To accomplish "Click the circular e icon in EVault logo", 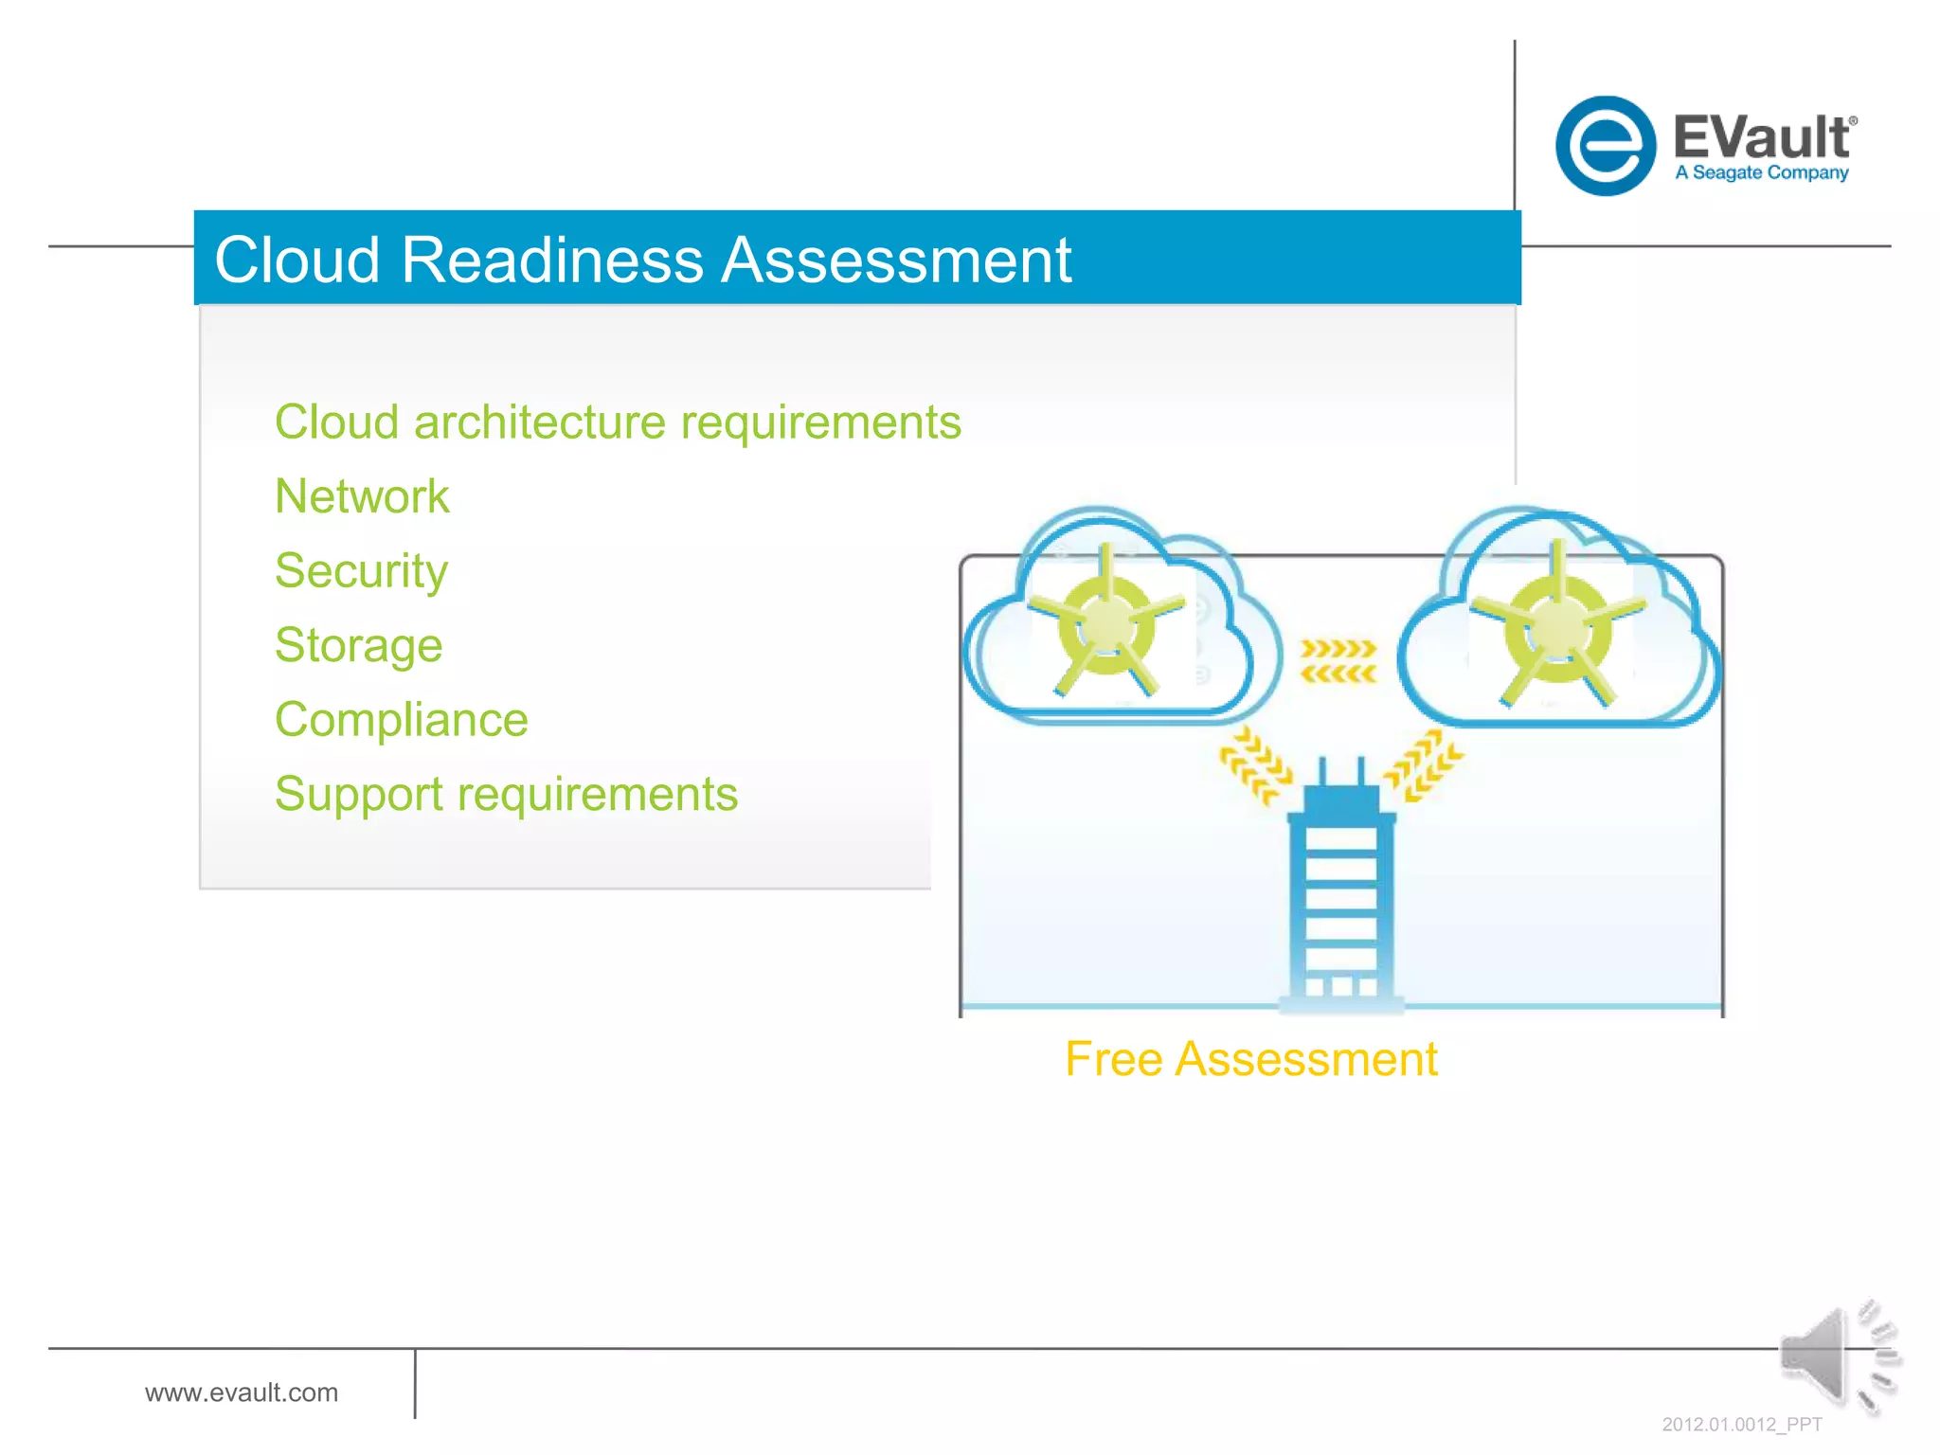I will click(x=1606, y=146).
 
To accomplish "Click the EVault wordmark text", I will click(x=1760, y=137).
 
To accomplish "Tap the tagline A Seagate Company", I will click(x=1761, y=172).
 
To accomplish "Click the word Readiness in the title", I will click(x=552, y=260).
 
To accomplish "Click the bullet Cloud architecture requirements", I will click(x=618, y=422).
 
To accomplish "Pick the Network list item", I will click(x=362, y=496).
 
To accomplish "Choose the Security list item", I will click(x=361, y=571).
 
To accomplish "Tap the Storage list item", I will click(x=358, y=645).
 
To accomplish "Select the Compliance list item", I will click(x=401, y=720).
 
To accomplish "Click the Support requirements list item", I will click(x=506, y=794).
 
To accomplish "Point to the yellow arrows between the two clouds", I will click(x=1338, y=660).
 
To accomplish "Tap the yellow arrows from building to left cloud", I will click(x=1255, y=765).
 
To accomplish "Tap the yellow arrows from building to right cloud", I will click(x=1424, y=765).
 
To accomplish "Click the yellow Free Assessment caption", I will click(x=1250, y=1059).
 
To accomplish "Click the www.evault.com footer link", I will click(x=242, y=1392).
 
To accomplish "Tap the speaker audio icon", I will click(x=1836, y=1356).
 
